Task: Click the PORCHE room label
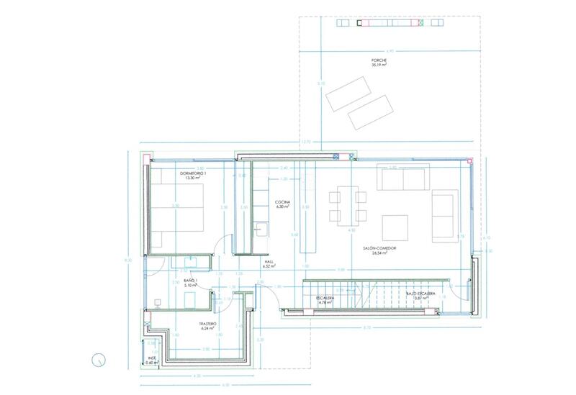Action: point(379,60)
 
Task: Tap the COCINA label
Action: point(282,204)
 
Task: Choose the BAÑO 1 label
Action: point(189,281)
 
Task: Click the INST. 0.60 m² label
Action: point(152,359)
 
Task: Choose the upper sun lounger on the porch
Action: point(348,91)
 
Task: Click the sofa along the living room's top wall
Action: point(404,178)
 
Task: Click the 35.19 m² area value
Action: point(379,65)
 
